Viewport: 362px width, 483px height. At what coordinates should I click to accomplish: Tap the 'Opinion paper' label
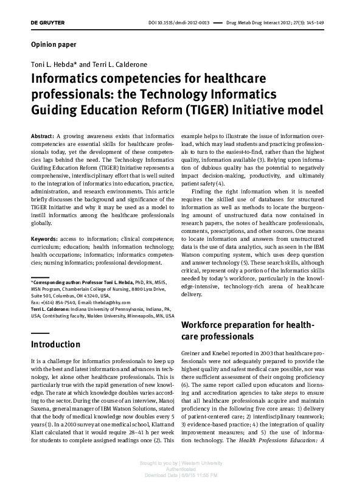point(53,45)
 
